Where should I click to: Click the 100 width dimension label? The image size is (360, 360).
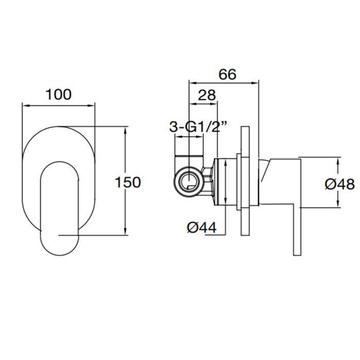click(59, 94)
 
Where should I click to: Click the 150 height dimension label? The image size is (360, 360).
click(128, 183)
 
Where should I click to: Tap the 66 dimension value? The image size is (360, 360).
click(227, 75)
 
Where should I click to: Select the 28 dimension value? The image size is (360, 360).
click(207, 95)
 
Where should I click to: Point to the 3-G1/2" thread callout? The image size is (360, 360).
click(198, 127)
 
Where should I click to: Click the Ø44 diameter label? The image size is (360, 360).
click(202, 228)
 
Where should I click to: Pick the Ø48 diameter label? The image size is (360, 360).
click(339, 184)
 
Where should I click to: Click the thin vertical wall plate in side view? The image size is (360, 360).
click(245, 181)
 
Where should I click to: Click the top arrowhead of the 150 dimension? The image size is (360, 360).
click(125, 130)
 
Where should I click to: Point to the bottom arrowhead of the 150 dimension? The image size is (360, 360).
click(125, 231)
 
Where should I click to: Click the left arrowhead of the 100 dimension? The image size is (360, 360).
click(26, 105)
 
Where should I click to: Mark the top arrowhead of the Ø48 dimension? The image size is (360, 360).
click(338, 161)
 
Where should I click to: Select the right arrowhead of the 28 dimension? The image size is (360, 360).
click(213, 104)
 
